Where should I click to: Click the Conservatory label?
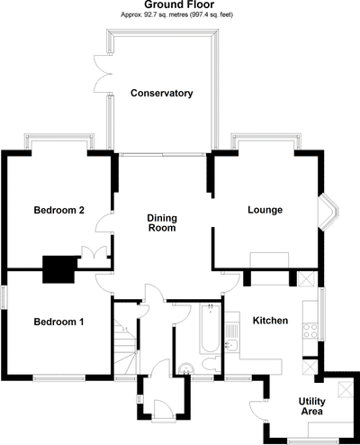tap(161, 93)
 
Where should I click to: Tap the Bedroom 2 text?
tap(58, 211)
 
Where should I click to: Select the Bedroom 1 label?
tap(58, 322)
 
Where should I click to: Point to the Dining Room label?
tap(161, 222)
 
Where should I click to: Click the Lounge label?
tap(265, 211)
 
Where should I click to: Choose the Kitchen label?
tap(270, 321)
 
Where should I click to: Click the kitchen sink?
tap(230, 346)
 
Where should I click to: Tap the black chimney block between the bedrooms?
tap(59, 268)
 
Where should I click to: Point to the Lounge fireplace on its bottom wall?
tap(269, 261)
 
